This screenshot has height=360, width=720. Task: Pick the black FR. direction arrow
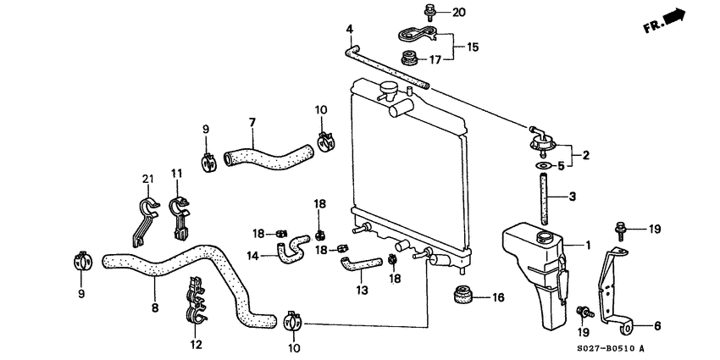(673, 16)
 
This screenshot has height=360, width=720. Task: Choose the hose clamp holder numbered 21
(147, 216)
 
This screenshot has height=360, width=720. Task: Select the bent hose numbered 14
(294, 247)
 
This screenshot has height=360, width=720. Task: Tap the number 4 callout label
(348, 30)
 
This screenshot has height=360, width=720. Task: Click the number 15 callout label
(473, 47)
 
